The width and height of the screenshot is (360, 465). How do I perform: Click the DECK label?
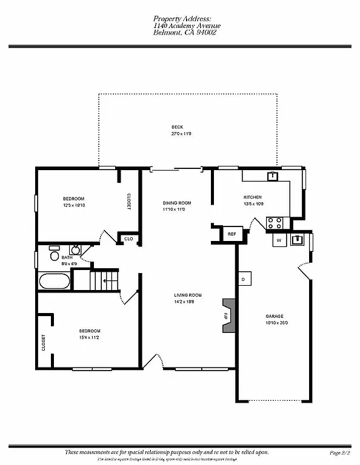tap(177, 127)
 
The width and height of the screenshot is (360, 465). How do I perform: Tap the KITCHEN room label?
tap(253, 197)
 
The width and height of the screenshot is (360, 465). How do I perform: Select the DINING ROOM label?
tap(177, 203)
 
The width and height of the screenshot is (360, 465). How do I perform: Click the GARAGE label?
tap(276, 316)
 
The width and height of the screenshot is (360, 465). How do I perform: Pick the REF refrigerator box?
tap(232, 234)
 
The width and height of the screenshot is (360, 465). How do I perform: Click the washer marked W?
tap(279, 240)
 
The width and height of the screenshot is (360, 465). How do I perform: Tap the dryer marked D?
tap(243, 279)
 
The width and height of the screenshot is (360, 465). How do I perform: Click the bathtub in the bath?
tap(53, 282)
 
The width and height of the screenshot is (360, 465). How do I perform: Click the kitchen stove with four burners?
tap(275, 223)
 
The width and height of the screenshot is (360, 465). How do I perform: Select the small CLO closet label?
tap(128, 239)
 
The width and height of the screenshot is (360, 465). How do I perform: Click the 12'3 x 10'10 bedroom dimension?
tap(73, 205)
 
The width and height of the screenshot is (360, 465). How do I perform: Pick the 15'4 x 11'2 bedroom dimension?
tap(88, 337)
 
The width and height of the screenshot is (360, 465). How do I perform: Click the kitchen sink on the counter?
tap(273, 176)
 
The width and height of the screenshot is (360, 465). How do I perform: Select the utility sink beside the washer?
tap(298, 240)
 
